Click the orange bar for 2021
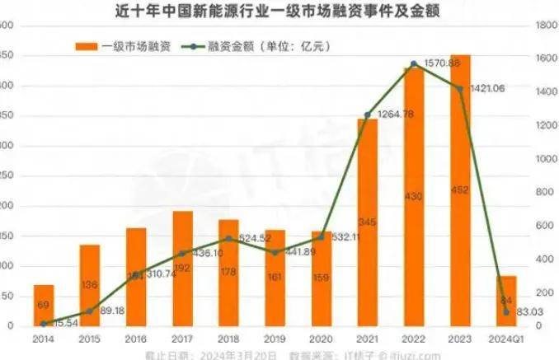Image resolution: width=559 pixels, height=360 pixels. coord(367,222)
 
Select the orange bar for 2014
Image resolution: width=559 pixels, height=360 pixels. coord(44,306)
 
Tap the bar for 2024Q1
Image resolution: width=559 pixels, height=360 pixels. coord(506,302)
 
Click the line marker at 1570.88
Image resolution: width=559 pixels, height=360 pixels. coord(414,63)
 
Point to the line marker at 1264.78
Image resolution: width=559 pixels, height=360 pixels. coord(368,115)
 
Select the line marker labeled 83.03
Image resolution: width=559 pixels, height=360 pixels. coord(506,312)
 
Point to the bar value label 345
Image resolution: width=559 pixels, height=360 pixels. coord(367,222)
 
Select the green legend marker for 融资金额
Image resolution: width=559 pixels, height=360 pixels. coord(198,46)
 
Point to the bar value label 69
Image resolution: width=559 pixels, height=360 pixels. coord(44,306)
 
